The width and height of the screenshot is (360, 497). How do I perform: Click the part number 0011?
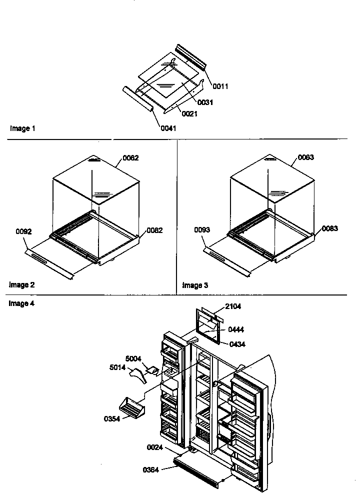click(x=220, y=86)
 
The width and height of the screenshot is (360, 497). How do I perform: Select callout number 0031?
click(x=205, y=102)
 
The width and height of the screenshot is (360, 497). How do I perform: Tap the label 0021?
click(x=190, y=114)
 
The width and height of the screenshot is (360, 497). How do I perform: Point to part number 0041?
click(x=168, y=128)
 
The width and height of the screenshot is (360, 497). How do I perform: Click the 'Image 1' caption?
click(x=22, y=128)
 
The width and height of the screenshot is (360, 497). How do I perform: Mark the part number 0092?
click(x=23, y=232)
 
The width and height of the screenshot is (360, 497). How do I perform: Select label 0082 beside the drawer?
click(x=154, y=230)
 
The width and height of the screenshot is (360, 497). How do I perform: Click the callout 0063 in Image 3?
click(x=306, y=158)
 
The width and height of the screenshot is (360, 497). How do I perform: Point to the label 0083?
click(x=329, y=228)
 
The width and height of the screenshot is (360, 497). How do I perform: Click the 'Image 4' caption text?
click(x=22, y=303)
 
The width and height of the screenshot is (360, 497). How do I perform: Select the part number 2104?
click(x=233, y=307)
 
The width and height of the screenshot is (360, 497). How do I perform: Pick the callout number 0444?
click(x=236, y=329)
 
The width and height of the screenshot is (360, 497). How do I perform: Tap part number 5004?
click(x=134, y=358)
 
